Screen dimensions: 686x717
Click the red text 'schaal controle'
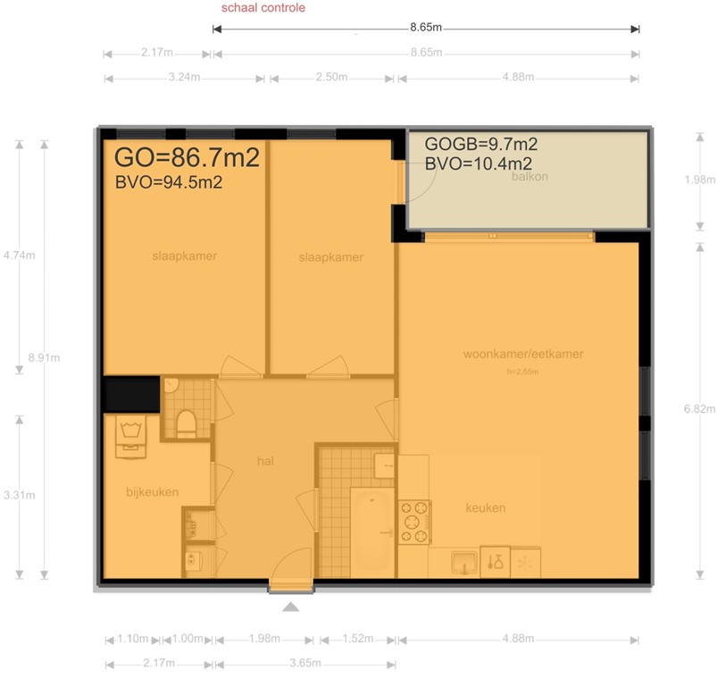coord(263,8)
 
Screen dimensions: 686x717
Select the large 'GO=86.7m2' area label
coord(188,158)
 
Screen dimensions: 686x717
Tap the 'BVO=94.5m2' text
coord(169,183)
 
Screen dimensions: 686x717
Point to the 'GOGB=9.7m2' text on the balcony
coord(480,144)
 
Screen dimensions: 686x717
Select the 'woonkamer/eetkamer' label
coord(522,354)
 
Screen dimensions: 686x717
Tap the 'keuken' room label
coord(485,508)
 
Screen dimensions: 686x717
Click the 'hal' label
coord(264,462)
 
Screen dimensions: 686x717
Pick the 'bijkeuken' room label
coord(153,492)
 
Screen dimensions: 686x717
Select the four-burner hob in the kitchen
coord(414,522)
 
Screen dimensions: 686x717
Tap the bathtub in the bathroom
coord(371,531)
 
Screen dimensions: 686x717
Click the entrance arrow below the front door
coord(291,607)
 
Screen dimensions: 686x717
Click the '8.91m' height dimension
coord(44,357)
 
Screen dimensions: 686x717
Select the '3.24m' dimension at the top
coord(185,78)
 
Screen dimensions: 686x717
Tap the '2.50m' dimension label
coord(330,78)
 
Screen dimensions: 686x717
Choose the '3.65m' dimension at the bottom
coord(305,664)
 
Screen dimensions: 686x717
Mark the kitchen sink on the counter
coord(463,562)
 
